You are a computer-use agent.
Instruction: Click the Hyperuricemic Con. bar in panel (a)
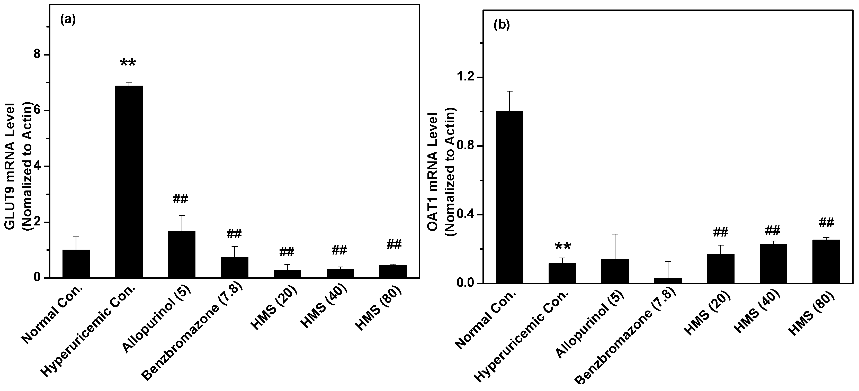click(x=129, y=182)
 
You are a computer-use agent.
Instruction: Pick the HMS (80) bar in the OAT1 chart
click(x=826, y=262)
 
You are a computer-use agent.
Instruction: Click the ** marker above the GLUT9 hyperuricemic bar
click(x=128, y=63)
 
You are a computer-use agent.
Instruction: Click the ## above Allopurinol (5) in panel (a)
click(x=180, y=199)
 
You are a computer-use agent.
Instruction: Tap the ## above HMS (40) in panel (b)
click(x=773, y=230)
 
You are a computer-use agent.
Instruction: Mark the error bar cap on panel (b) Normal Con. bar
click(x=509, y=91)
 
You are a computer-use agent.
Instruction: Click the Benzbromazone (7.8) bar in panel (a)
click(x=234, y=268)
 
